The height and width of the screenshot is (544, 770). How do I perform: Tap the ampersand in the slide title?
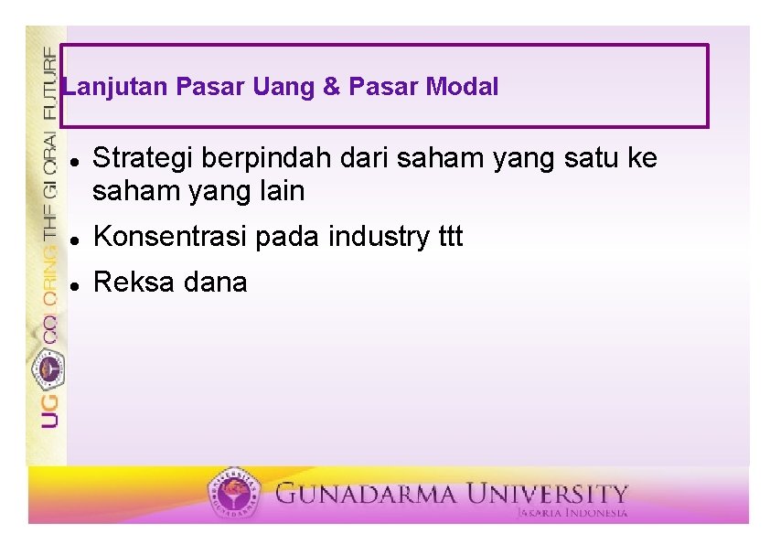[331, 88]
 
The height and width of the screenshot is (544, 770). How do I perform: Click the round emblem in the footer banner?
[233, 494]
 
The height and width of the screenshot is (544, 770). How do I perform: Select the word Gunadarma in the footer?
[366, 495]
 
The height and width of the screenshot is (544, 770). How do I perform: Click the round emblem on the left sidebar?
[48, 368]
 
